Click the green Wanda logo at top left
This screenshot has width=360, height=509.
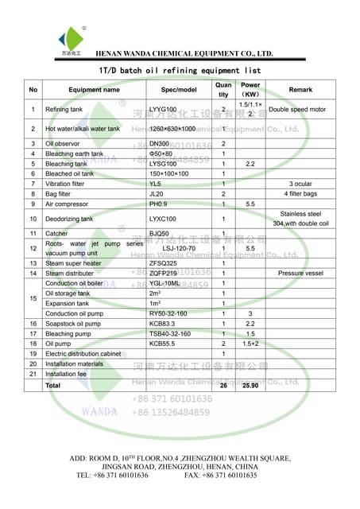click(72, 38)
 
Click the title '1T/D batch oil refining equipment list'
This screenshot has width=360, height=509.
click(180, 71)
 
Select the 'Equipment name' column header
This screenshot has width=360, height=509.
click(95, 90)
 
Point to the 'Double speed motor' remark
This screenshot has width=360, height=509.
click(297, 110)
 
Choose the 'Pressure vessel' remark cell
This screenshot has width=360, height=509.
click(300, 273)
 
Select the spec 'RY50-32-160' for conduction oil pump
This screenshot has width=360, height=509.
click(170, 314)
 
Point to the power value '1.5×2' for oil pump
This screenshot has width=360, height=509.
click(250, 344)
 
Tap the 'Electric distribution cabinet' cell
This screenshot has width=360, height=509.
click(83, 353)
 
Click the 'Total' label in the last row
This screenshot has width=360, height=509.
click(53, 385)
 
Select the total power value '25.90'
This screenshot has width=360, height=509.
click(250, 385)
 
